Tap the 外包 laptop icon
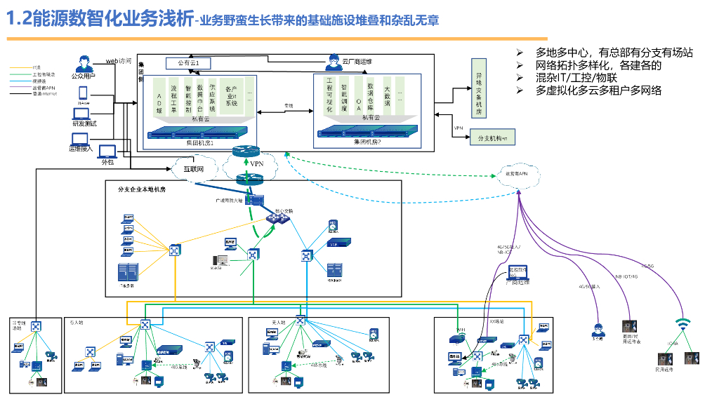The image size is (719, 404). pyautogui.click(x=107, y=151)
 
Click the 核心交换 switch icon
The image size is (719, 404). pyautogui.click(x=283, y=218)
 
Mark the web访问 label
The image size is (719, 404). pyautogui.click(x=118, y=61)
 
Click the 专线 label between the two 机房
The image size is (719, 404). pyautogui.click(x=288, y=106)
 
